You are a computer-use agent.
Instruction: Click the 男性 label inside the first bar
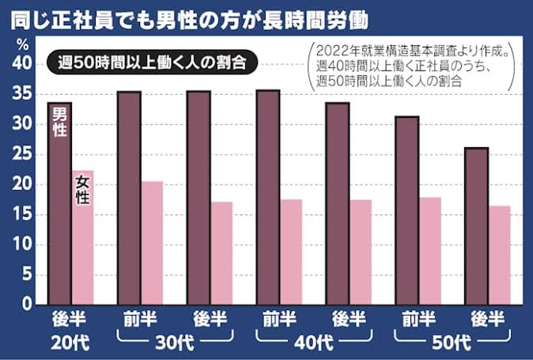(59, 124)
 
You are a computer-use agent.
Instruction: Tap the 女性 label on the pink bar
(82, 190)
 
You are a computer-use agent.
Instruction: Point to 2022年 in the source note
(333, 49)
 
